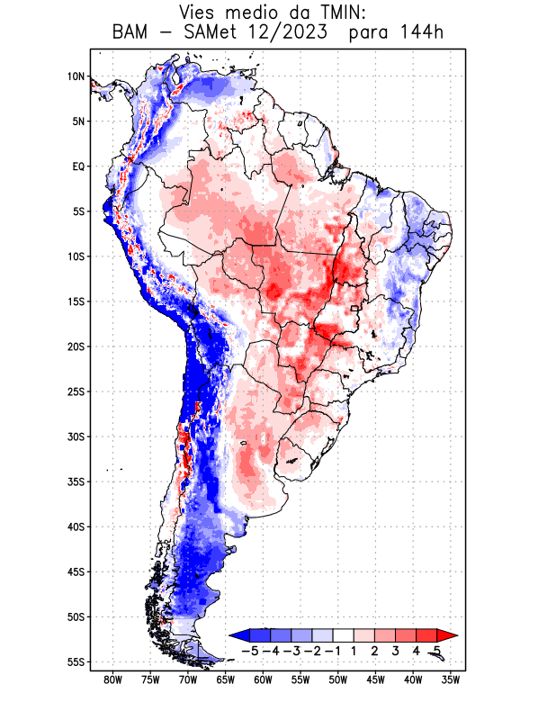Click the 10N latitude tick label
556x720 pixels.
[76, 76]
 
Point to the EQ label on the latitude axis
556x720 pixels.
[78, 166]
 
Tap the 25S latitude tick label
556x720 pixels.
[76, 391]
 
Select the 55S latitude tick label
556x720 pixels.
[76, 661]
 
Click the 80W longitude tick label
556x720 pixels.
[112, 679]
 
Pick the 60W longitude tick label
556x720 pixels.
[263, 679]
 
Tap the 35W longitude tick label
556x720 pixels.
[451, 679]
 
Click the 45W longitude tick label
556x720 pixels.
[375, 679]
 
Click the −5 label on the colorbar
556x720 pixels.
[249, 650]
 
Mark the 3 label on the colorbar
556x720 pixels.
[396, 650]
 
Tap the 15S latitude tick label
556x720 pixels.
[76, 301]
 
